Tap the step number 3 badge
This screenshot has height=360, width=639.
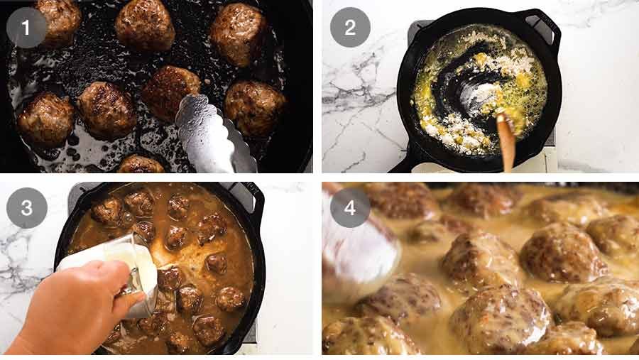(26, 208)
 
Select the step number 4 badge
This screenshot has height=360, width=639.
(349, 208)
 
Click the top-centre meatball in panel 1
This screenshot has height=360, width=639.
(145, 25)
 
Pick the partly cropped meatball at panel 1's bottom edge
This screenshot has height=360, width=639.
(140, 165)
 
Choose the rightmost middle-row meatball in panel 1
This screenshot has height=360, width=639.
(254, 107)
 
